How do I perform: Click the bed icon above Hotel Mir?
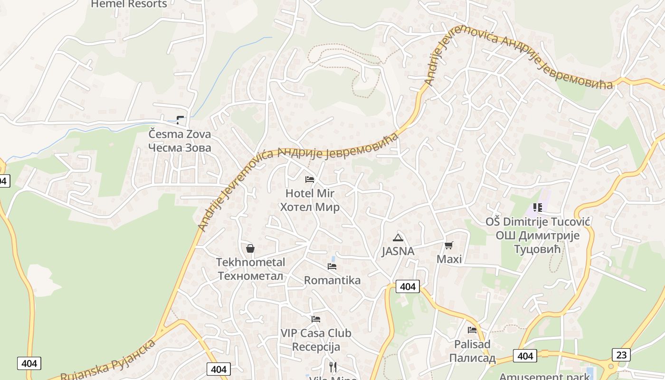coord(310,179)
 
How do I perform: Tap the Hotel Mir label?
coord(310,200)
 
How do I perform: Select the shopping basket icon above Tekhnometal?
coord(250,248)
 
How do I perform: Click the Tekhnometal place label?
coord(250,269)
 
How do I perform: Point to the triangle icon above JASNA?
coord(398,237)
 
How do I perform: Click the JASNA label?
coord(398,251)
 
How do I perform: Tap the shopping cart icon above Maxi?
coord(449,245)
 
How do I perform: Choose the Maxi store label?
coord(449,259)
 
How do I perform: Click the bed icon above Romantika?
coord(332,266)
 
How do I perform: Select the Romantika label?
coord(332,280)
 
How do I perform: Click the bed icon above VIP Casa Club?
coord(316,319)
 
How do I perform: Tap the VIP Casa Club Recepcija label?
coord(316,340)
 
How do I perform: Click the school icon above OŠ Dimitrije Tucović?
coord(538,207)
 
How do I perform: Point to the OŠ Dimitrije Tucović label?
coord(538,235)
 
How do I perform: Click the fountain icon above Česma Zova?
coord(180,120)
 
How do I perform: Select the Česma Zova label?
coord(180,141)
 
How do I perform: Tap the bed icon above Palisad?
coord(472,330)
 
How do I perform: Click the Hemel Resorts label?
coord(129,4)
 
